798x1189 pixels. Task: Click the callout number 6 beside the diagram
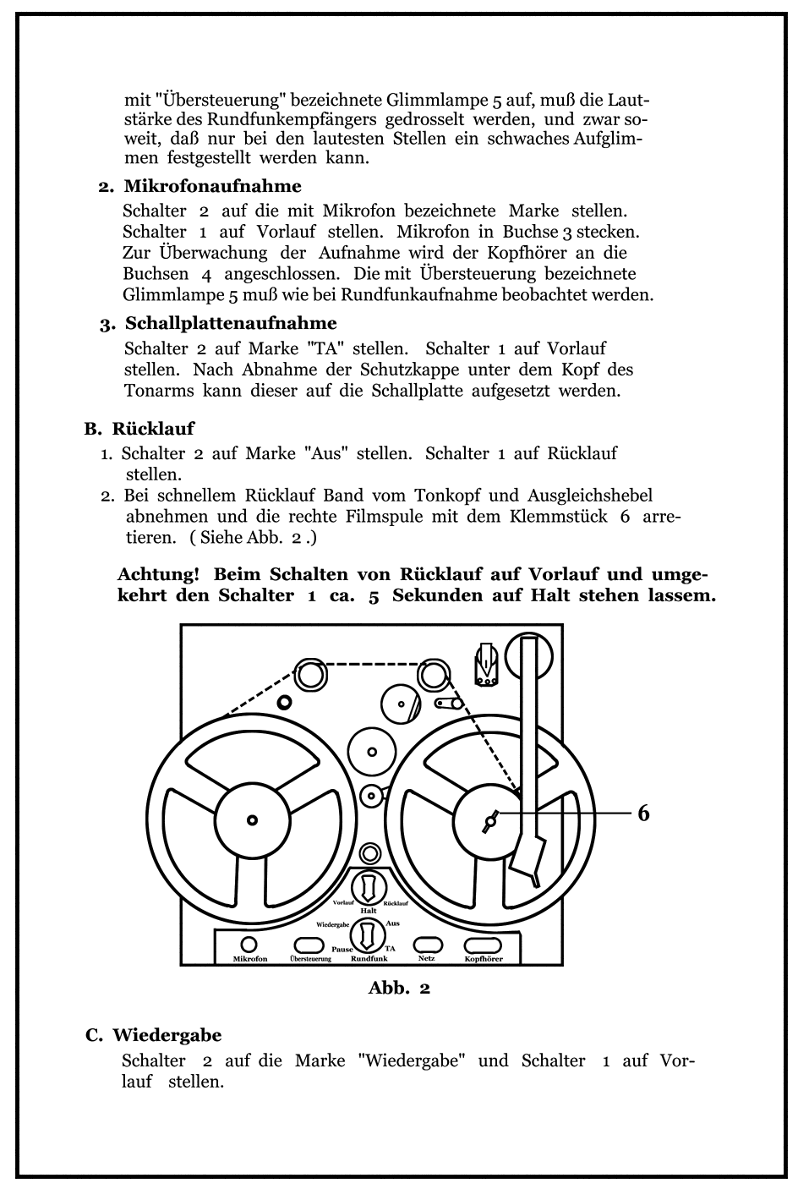point(643,814)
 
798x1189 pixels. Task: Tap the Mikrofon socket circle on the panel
point(249,945)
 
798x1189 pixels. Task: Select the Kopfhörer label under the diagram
point(484,959)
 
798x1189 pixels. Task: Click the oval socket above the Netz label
point(428,945)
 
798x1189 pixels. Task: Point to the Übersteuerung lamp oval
point(309,945)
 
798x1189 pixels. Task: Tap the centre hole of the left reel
point(251,819)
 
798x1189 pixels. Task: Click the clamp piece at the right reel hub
point(490,819)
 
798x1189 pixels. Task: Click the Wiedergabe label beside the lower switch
point(333,925)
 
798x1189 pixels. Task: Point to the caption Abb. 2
point(399,988)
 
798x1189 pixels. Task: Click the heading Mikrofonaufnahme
point(212,186)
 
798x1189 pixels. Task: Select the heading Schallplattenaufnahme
point(231,323)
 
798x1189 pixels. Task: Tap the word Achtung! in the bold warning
point(159,574)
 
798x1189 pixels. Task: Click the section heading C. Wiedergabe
point(154,1035)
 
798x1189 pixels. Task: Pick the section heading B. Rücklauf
point(139,429)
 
